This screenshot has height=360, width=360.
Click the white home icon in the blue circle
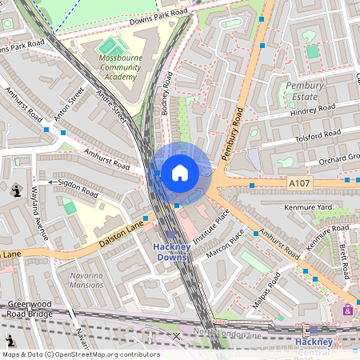pos(180,172)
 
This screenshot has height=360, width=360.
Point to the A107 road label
pos(298,183)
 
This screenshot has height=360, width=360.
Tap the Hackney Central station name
pos(314,346)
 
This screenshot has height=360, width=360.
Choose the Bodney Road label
pos(167,94)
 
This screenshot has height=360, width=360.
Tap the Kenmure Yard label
pos(307,207)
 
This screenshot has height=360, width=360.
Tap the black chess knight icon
pos(17,190)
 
